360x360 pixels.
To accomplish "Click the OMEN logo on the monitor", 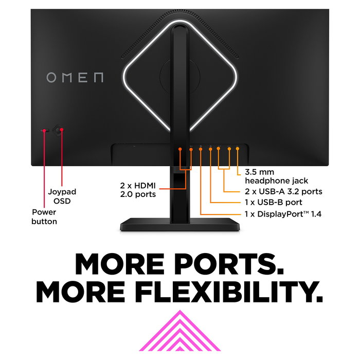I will click(x=75, y=78).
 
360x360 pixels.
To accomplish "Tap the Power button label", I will click(x=44, y=217).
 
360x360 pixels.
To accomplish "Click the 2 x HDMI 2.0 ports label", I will click(x=138, y=189).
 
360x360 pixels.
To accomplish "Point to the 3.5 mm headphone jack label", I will click(x=277, y=176).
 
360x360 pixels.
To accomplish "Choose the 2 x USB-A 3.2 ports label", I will click(x=283, y=191).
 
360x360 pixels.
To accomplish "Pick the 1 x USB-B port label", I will click(x=273, y=202).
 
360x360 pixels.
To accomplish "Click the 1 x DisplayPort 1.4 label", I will click(x=283, y=213).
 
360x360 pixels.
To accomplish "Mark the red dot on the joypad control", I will click(x=61, y=130).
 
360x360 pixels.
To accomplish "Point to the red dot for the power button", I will click(x=44, y=130).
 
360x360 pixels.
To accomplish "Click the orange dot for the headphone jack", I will click(x=238, y=149).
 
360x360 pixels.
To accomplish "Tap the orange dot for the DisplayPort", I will click(x=201, y=149).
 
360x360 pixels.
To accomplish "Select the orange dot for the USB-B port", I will click(x=210, y=149).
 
